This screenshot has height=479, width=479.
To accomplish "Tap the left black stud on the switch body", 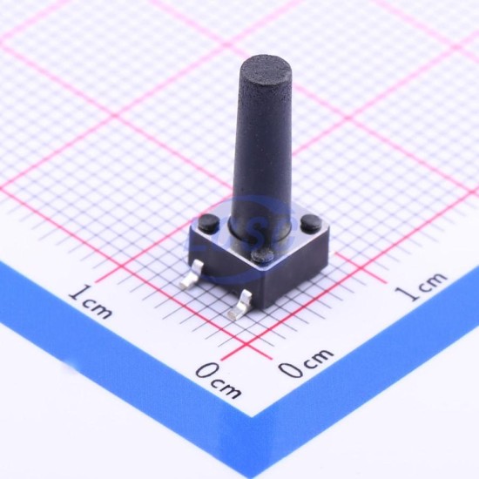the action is click(209, 222).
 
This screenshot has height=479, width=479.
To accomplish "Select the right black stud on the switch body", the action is click(311, 222).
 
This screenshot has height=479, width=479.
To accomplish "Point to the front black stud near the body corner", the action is click(263, 254).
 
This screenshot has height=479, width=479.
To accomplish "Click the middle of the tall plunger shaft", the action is click(263, 146).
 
